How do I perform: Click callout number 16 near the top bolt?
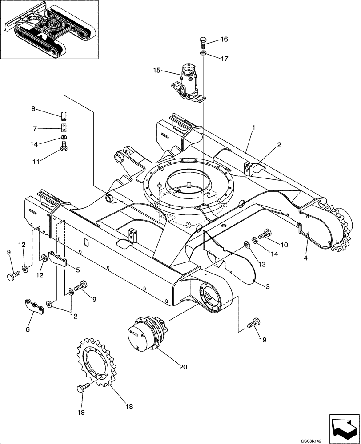pyautogui.click(x=224, y=40)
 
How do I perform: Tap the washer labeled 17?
pyautogui.click(x=202, y=53)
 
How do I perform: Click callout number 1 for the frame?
pyautogui.click(x=253, y=127)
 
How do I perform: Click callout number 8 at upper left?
pyautogui.click(x=33, y=108)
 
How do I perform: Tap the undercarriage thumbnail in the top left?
pyautogui.click(x=50, y=30)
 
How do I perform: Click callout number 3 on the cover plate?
pyautogui.click(x=267, y=287)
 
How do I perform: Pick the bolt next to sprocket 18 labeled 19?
pyautogui.click(x=82, y=389)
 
